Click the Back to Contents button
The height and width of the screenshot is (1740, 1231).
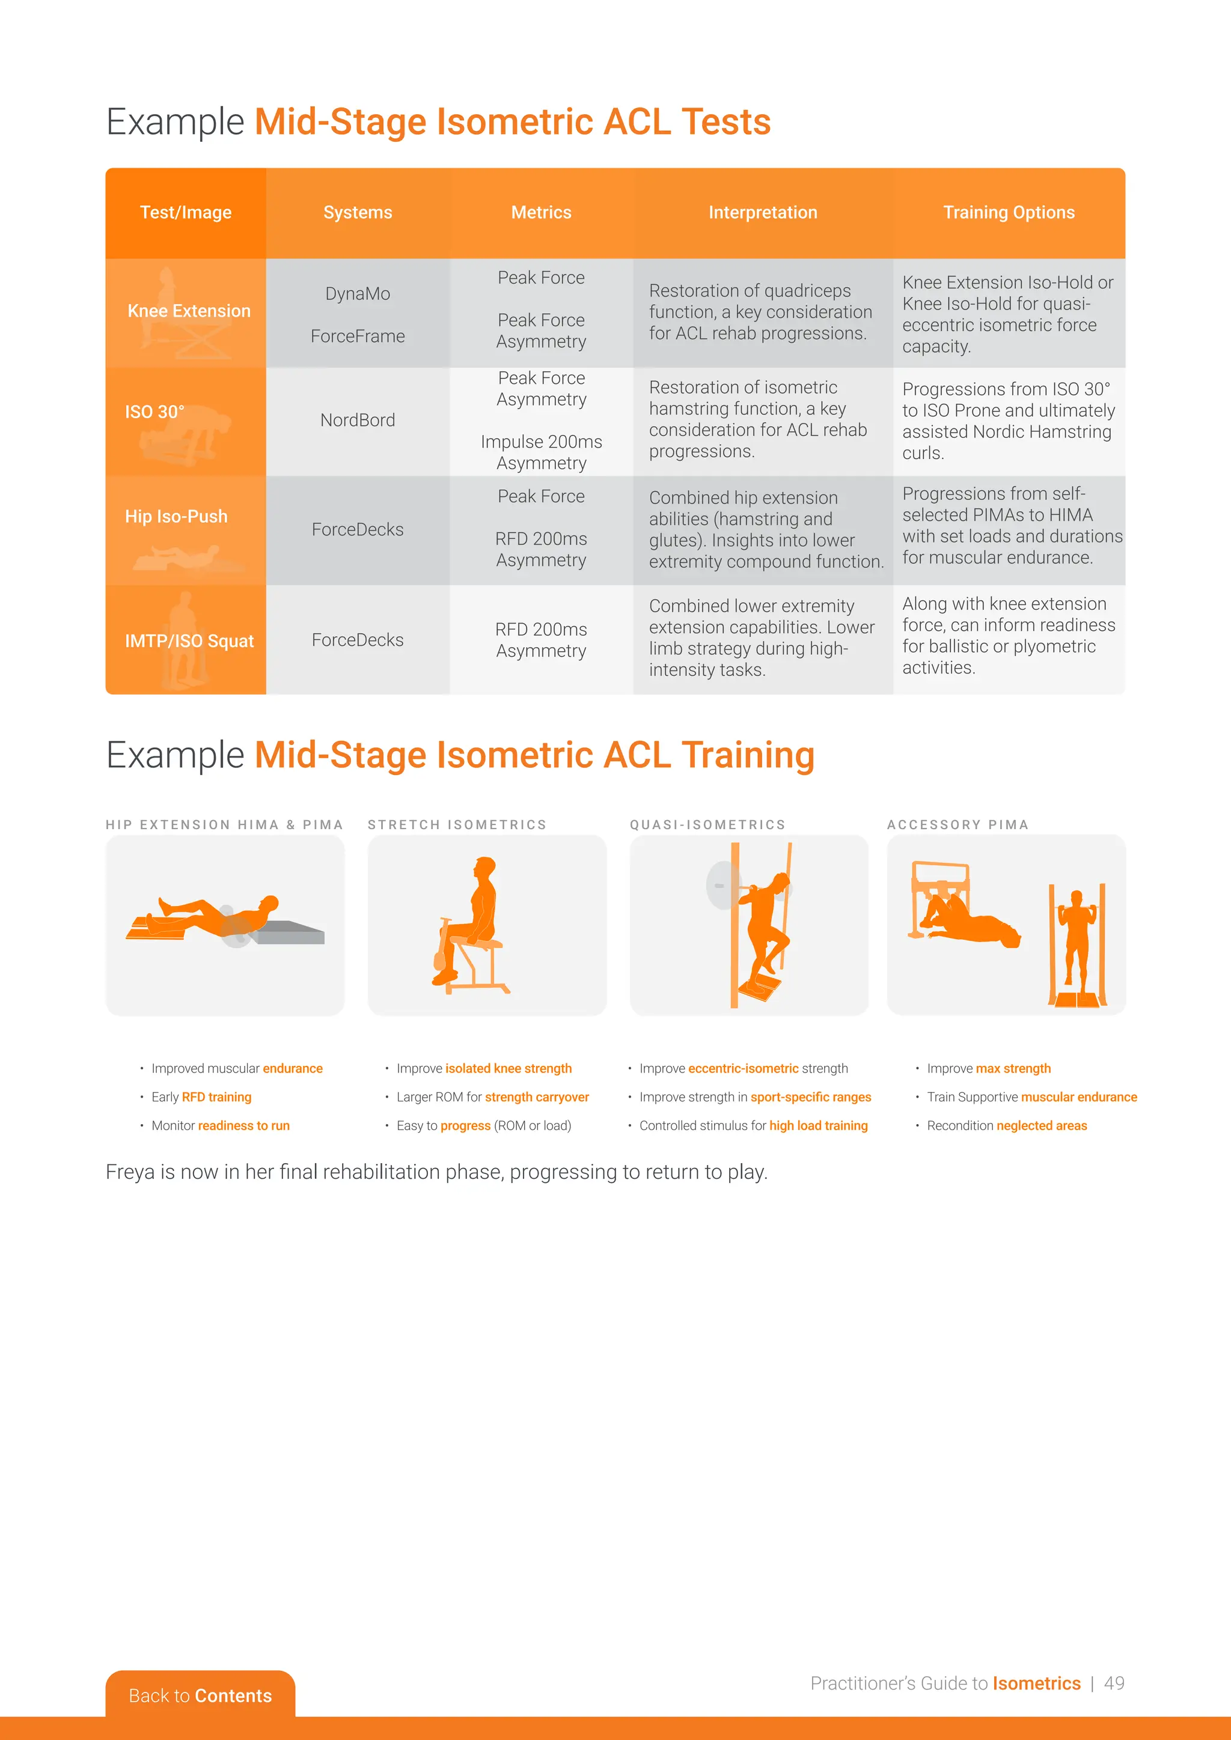pos(200,1696)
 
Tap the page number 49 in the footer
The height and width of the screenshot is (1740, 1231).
pos(1114,1683)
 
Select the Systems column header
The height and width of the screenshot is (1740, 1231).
pos(358,212)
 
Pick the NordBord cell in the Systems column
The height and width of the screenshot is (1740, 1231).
pos(358,420)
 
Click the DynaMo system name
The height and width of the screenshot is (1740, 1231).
pos(358,293)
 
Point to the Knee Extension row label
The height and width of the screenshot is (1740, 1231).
pos(189,311)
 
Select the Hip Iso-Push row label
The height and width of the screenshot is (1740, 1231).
pos(176,516)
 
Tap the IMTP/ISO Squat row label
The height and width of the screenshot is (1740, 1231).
pos(189,641)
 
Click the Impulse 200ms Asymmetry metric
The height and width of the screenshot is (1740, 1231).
pos(541,452)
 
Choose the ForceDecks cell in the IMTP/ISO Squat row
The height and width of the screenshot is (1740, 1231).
pos(358,640)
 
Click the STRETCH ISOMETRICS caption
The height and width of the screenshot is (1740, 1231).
pos(457,824)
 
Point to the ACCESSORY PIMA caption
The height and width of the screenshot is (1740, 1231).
pos(958,824)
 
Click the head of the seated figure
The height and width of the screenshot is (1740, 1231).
pos(485,866)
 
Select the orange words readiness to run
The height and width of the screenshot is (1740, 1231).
pos(243,1125)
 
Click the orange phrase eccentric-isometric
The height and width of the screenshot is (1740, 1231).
pos(743,1068)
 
